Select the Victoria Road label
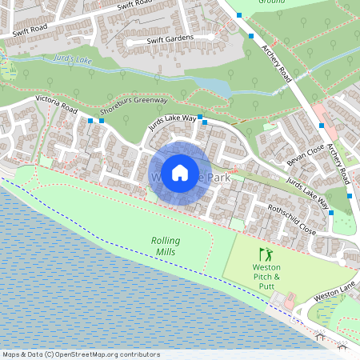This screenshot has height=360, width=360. [56, 104]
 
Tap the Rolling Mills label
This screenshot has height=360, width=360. [166, 246]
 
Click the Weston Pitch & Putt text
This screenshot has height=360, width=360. [266, 274]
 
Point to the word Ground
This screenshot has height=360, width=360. [272, 2]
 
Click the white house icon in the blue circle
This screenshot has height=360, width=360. [180, 172]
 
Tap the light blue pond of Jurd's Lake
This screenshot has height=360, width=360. [212, 83]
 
